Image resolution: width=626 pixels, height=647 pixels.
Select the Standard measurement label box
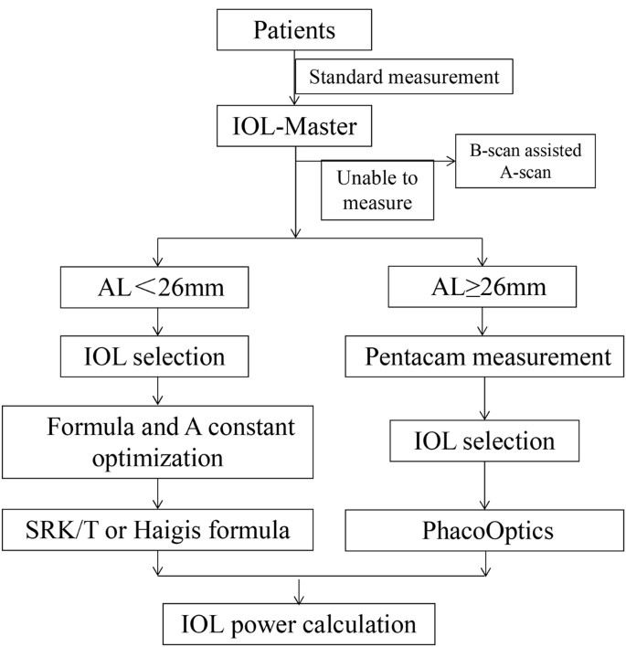coord(403,78)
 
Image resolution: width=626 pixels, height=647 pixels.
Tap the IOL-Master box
coord(295,127)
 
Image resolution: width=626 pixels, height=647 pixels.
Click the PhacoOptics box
coord(483,528)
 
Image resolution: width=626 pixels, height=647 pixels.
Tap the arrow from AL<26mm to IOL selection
coord(159,323)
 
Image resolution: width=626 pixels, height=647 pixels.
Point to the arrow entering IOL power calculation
coord(296,595)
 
